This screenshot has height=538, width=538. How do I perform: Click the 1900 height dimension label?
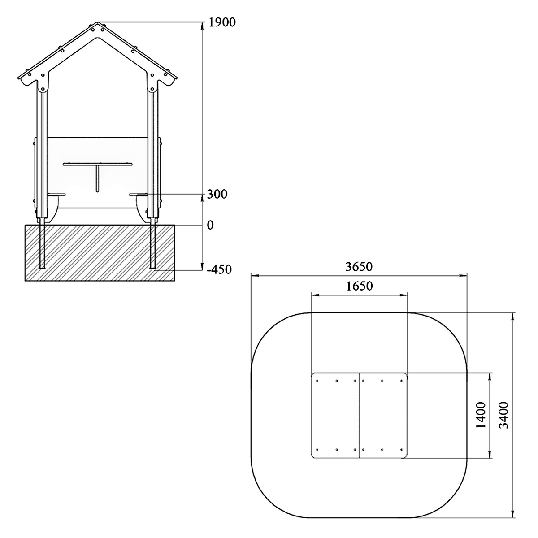pos(222,22)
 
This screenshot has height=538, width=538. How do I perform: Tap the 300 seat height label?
pos(217,194)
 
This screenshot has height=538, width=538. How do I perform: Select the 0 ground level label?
pos(210,225)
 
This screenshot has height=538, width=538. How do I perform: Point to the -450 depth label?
pos(219,270)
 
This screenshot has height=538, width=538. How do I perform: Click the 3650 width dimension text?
pos(359,267)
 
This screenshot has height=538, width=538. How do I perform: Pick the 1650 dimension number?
pos(359,286)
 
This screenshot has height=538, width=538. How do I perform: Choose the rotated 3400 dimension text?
pos(503,415)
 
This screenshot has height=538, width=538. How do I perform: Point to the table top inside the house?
pos(97,164)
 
